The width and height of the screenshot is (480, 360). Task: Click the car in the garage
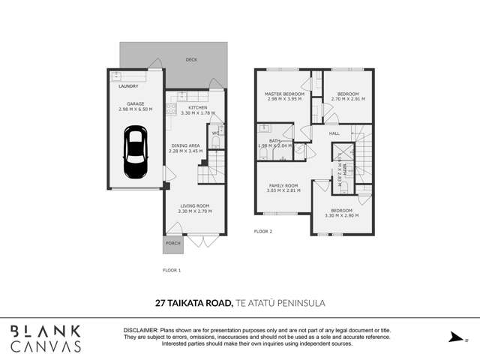pos(135,153)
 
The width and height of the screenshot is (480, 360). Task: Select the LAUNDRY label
pos(128,86)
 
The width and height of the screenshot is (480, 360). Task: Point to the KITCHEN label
pos(197,108)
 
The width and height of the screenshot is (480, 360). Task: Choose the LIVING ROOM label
pos(193,205)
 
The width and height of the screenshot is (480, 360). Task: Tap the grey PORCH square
pos(172,244)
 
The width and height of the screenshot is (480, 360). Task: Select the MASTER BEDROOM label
pos(283,94)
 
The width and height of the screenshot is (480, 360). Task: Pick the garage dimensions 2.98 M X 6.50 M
pos(135,109)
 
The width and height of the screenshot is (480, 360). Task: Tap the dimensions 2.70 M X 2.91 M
pos(347,99)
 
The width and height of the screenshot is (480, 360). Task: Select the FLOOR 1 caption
pos(172,269)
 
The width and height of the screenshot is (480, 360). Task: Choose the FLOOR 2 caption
pos(262,231)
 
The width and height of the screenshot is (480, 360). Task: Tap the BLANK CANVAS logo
pos(46,338)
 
